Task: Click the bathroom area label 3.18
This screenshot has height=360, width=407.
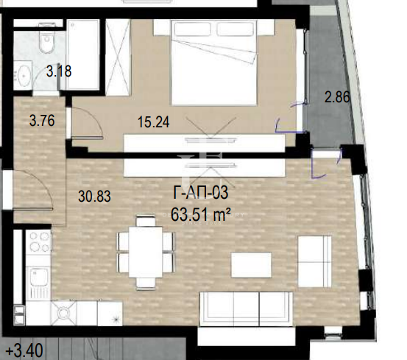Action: click(x=59, y=71)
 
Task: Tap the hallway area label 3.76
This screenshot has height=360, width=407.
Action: click(x=42, y=121)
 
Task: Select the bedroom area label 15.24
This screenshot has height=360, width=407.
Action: click(x=154, y=122)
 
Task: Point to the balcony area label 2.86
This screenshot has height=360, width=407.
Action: click(x=337, y=97)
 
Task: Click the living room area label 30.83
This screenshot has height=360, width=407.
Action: click(x=94, y=197)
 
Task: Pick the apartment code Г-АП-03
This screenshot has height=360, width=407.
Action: click(x=201, y=193)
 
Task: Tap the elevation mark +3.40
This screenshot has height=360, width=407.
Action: click(x=24, y=350)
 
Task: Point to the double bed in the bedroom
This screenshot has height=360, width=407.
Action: click(x=214, y=63)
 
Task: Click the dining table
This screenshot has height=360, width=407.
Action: click(x=146, y=252)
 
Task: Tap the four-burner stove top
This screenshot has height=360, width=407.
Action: click(x=40, y=242)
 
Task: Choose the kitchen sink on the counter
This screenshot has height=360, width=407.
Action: click(x=39, y=277)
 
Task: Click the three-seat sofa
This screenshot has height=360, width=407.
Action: click(x=247, y=308)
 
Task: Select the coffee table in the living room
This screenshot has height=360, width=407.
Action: click(x=251, y=265)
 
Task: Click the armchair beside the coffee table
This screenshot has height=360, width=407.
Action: click(x=314, y=261)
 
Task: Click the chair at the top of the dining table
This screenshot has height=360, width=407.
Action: click(x=146, y=221)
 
